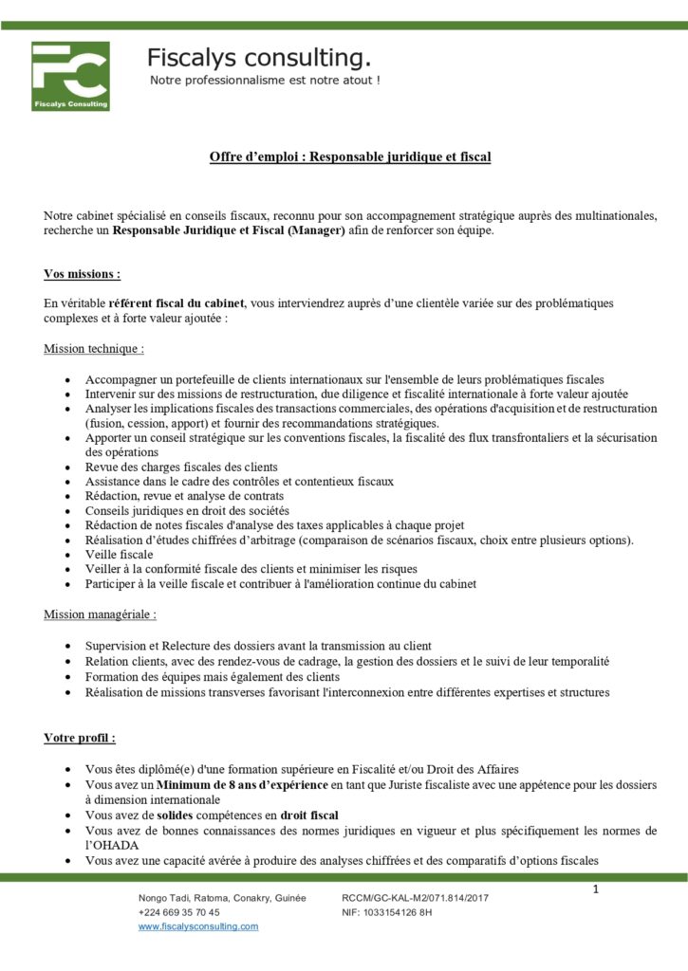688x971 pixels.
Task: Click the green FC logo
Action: point(70,76)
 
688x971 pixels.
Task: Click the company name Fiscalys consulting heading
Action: point(258,59)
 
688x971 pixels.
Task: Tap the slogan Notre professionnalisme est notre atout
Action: point(265,81)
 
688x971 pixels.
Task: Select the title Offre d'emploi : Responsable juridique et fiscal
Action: point(350,157)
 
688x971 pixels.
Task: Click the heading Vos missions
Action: point(83,274)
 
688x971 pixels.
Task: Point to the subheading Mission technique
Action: point(94,349)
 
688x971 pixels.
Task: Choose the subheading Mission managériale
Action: point(101,614)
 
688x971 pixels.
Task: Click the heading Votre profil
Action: point(80,737)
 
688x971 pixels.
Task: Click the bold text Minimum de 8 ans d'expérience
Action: point(243,786)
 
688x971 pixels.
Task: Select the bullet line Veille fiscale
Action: point(119,554)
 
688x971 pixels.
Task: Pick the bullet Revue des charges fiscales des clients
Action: point(181,467)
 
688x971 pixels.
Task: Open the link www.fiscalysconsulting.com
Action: point(198,926)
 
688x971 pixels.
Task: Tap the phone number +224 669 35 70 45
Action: point(179,912)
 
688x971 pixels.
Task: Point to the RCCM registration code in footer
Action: point(415,898)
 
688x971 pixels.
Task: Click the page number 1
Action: point(595,889)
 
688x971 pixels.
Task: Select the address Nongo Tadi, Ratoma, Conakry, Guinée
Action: point(222,898)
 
